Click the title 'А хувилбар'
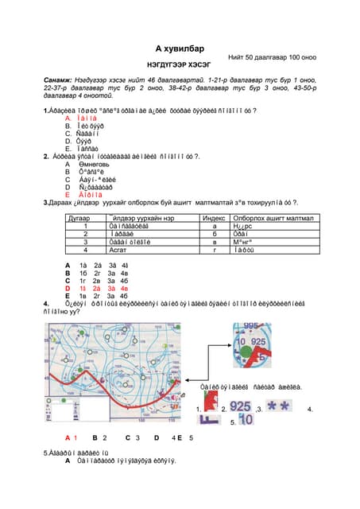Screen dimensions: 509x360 [180, 49]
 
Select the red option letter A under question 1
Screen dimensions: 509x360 [68, 117]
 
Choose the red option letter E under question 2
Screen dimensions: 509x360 [68, 193]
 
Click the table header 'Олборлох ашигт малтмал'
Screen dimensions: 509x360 [273, 217]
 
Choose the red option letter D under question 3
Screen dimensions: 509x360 [68, 287]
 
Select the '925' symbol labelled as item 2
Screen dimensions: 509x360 [241, 406]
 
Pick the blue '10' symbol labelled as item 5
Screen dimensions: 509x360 [246, 420]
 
